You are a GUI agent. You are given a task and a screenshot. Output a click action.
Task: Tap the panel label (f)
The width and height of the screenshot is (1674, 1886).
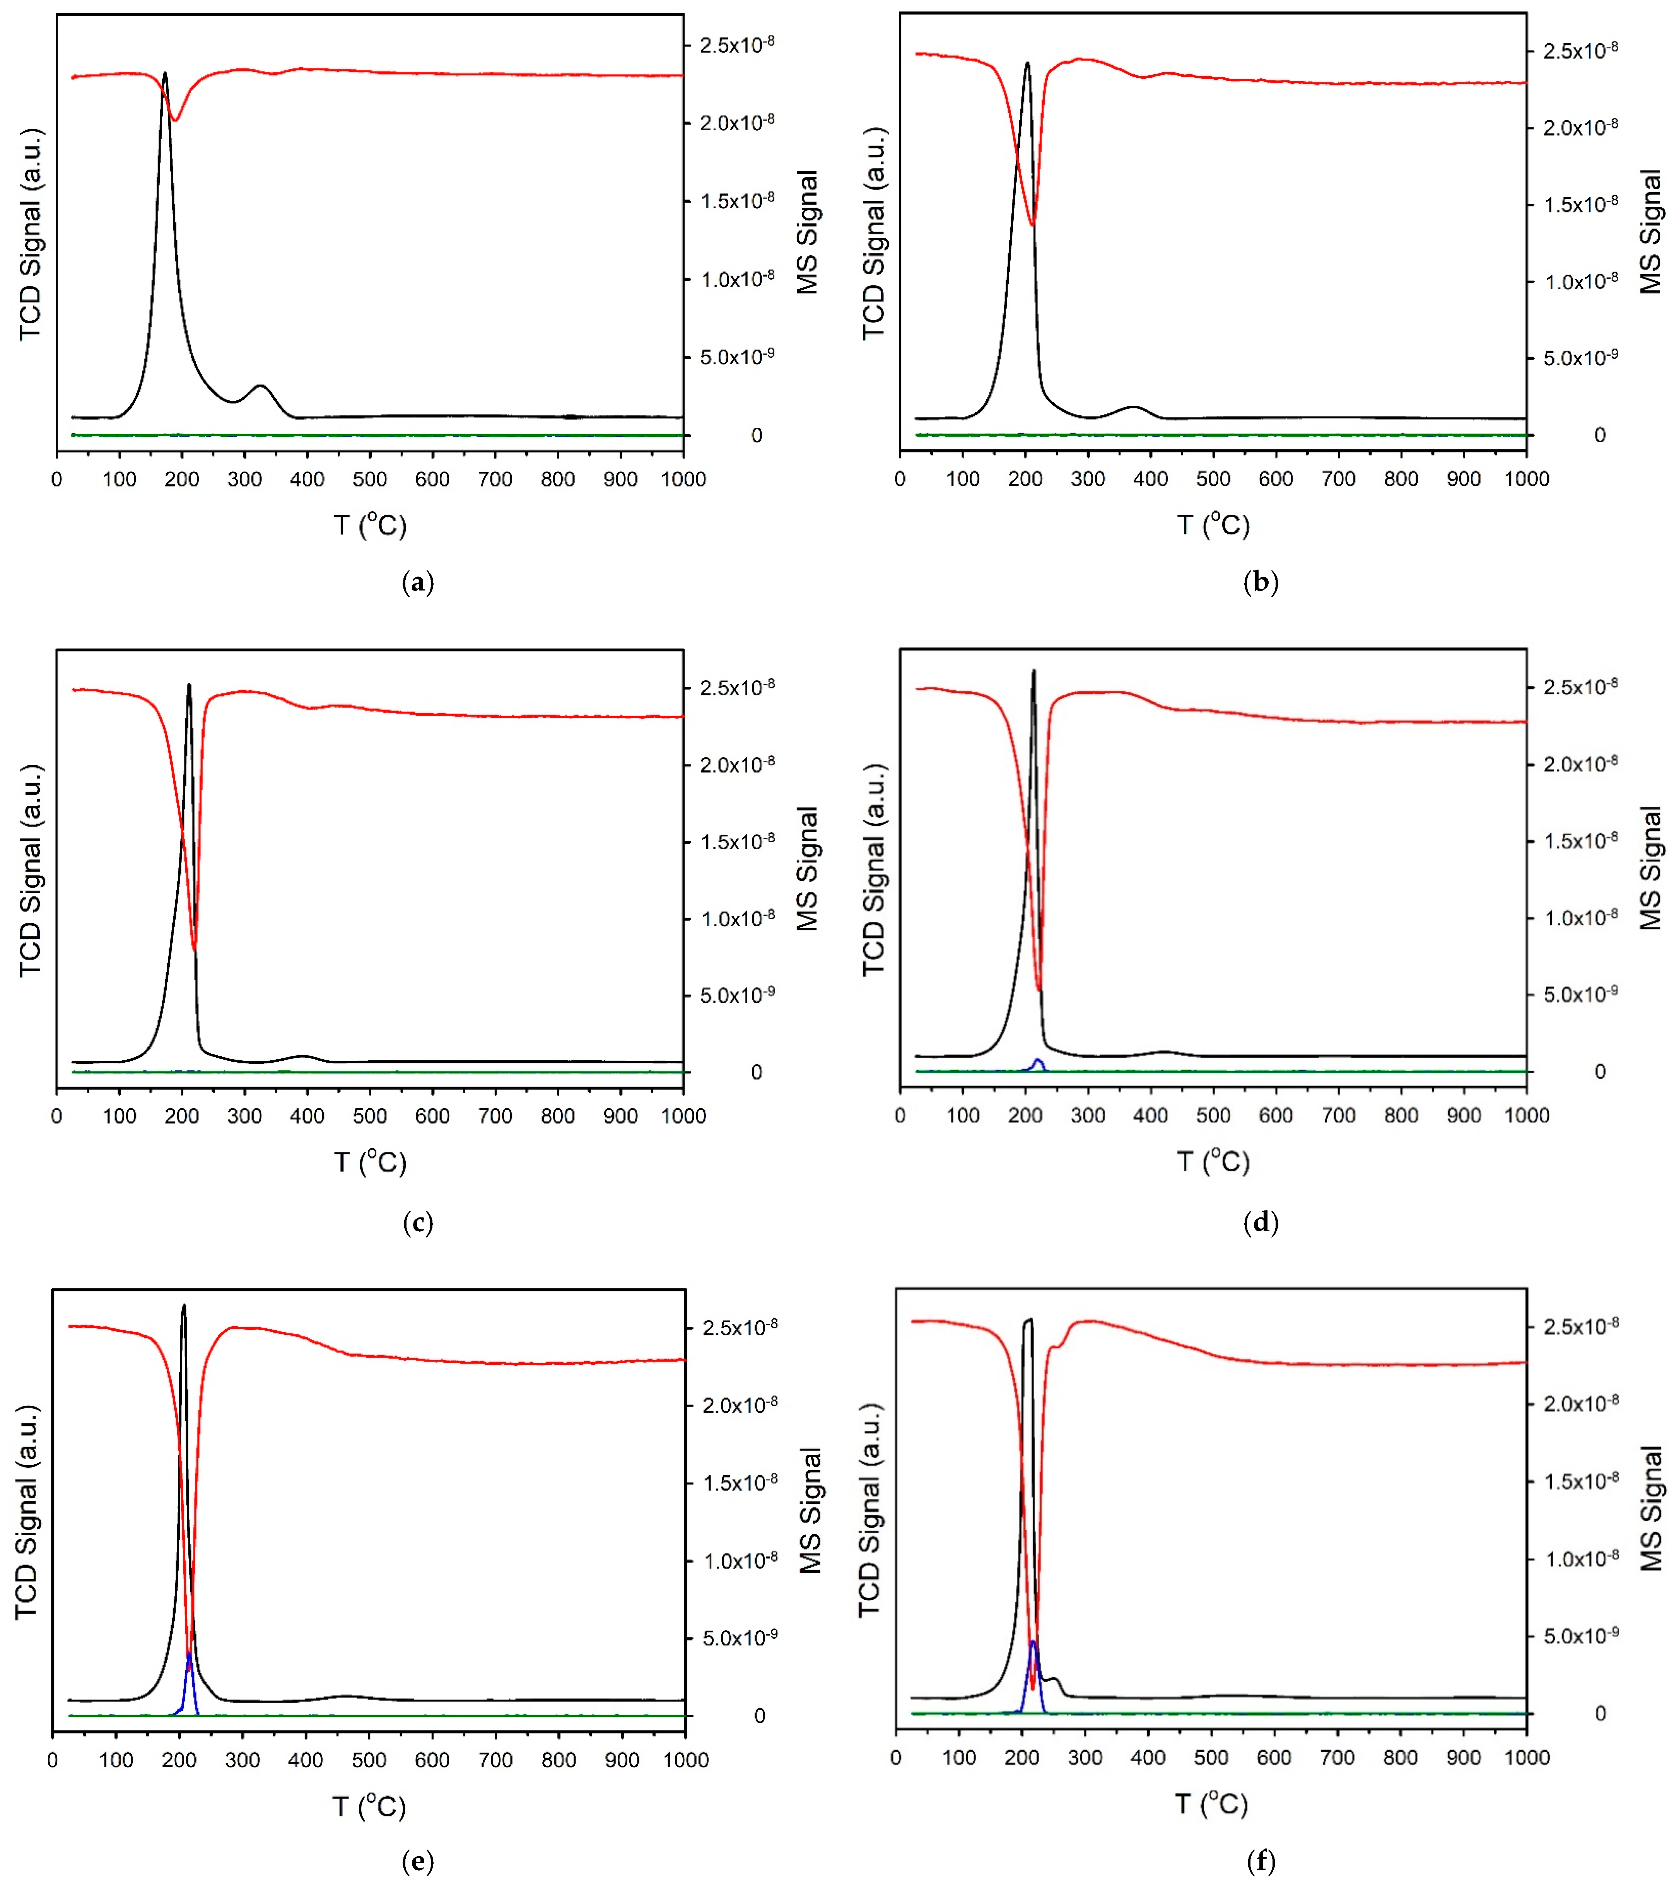click(x=1261, y=1862)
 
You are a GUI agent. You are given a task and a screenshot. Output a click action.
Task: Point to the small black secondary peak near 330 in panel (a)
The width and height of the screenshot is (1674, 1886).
click(x=261, y=386)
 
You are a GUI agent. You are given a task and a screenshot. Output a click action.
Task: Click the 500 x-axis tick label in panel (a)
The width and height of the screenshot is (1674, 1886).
click(x=369, y=480)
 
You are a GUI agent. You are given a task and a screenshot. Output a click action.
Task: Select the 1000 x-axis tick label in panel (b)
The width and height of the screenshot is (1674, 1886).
click(x=1526, y=479)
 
